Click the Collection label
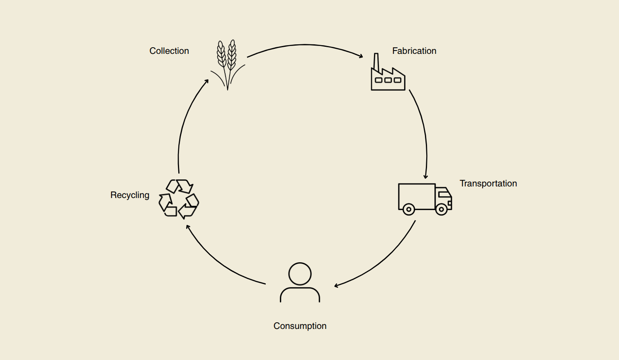[x=169, y=51]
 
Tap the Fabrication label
[x=414, y=51]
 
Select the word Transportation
[x=488, y=184]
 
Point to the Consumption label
[x=300, y=326]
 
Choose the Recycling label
[x=130, y=195]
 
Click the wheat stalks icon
[x=227, y=64]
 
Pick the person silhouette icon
[x=300, y=283]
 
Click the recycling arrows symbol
[x=179, y=199]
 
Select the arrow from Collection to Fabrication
[x=305, y=45]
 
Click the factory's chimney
[x=376, y=62]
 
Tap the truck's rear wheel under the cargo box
[x=409, y=209]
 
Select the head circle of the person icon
[x=300, y=274]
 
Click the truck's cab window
[x=444, y=194]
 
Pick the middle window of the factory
[x=388, y=80]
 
